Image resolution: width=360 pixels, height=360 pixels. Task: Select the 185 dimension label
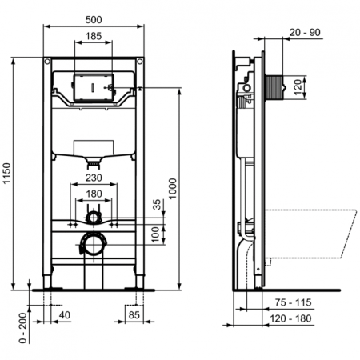[94, 37]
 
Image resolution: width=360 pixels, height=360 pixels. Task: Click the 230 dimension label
[94, 179]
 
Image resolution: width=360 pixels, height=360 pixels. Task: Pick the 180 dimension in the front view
[94, 194]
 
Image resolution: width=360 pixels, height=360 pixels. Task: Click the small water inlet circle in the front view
[94, 216]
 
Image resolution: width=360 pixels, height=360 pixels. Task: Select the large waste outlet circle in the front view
[94, 242]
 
